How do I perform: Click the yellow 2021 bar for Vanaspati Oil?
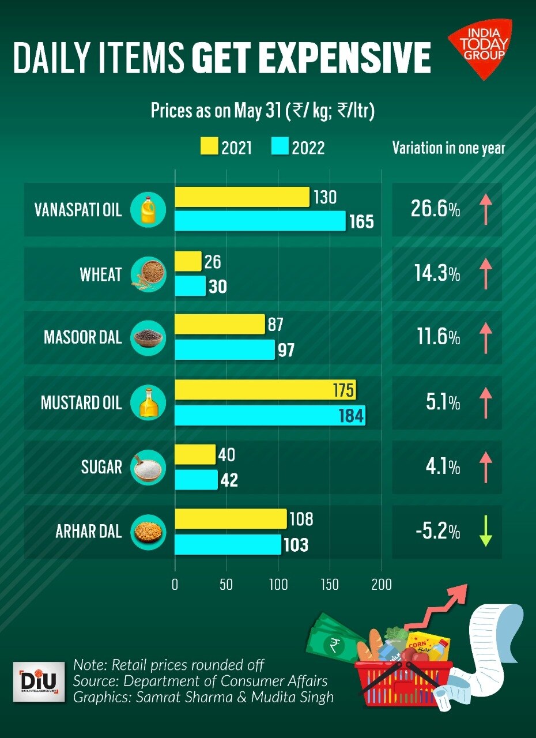point(242,197)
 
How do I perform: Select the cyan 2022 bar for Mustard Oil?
point(270,416)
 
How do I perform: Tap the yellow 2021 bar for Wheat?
point(188,261)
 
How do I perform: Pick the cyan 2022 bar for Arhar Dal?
point(228,545)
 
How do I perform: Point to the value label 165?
point(361,221)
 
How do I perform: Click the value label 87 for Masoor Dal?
point(275,325)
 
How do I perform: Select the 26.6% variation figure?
point(435,209)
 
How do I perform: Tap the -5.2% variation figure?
point(437,532)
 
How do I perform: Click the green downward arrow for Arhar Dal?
point(486,532)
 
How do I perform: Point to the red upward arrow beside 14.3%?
point(486,274)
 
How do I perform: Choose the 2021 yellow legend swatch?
point(207,147)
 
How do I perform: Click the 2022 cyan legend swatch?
point(279,147)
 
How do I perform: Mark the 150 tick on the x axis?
point(330,585)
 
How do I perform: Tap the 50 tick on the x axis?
point(226,585)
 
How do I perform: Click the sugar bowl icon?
point(148,467)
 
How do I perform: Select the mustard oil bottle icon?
point(148,402)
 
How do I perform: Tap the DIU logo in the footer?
point(39,682)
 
